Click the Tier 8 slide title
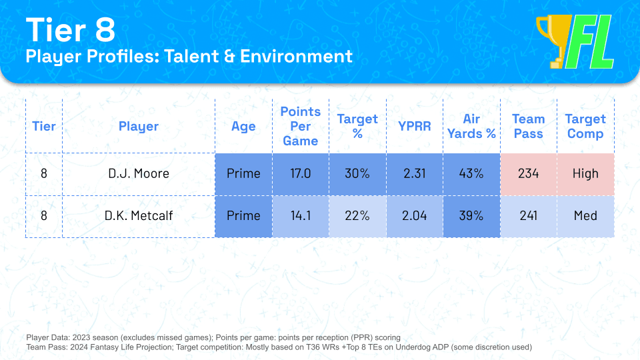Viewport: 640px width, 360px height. click(x=71, y=30)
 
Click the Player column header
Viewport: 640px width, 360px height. click(x=139, y=126)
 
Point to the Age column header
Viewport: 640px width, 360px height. click(x=243, y=126)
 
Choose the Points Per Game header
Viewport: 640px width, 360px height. click(x=301, y=126)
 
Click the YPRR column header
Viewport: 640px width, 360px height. click(x=415, y=126)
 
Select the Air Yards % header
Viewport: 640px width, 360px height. click(x=471, y=126)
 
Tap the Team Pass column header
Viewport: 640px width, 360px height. click(x=528, y=126)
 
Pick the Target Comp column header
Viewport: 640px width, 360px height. click(x=585, y=126)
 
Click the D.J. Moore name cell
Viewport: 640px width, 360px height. click(x=139, y=174)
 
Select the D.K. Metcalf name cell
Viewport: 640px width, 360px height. click(x=139, y=216)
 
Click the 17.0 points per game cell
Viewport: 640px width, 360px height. click(x=301, y=174)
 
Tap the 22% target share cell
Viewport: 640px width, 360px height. click(x=357, y=216)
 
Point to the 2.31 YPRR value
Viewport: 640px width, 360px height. click(x=415, y=174)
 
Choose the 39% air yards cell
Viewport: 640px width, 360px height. click(x=471, y=216)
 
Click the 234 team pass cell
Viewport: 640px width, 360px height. click(x=528, y=174)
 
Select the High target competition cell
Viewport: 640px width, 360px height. click(x=585, y=174)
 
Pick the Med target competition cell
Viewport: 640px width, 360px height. click(x=585, y=216)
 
